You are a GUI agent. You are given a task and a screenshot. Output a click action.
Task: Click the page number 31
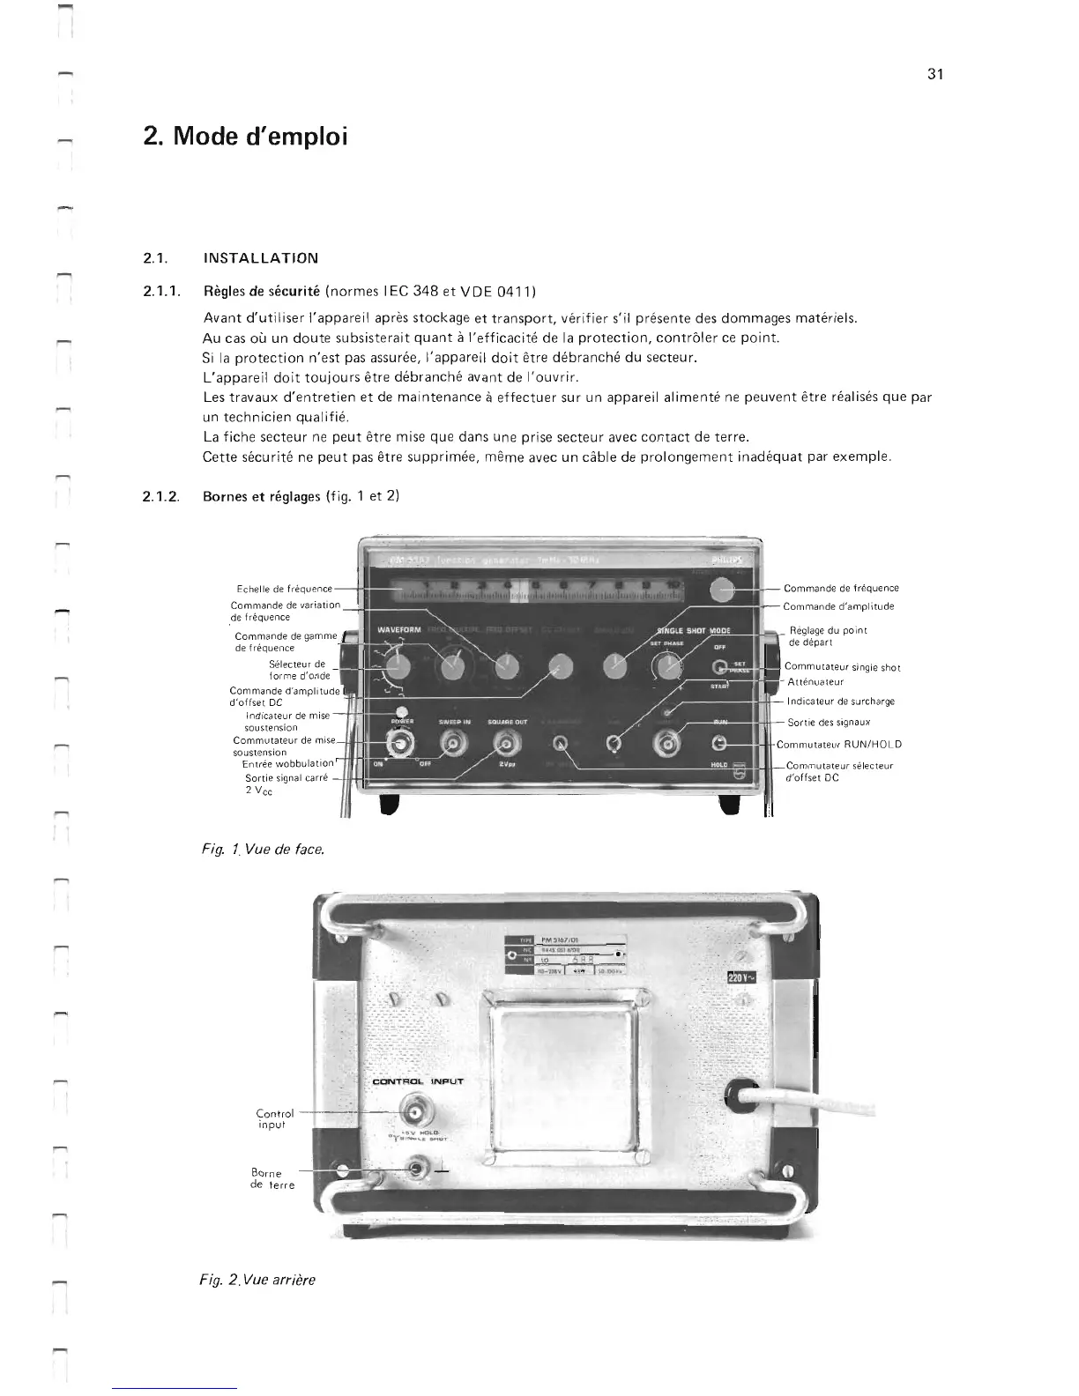click(935, 74)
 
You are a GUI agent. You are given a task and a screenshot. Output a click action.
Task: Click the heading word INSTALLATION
click(260, 258)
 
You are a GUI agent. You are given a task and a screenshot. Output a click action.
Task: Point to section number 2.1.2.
click(161, 496)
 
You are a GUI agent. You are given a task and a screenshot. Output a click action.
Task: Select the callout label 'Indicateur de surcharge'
click(840, 702)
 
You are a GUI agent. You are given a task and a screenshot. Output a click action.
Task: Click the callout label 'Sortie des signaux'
click(829, 723)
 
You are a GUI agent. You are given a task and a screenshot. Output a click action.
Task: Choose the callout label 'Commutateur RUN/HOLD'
click(838, 744)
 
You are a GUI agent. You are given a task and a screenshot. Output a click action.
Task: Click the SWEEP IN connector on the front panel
click(454, 745)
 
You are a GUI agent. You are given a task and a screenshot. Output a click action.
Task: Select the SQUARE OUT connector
click(506, 745)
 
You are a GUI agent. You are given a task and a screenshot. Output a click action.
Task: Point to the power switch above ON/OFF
click(402, 745)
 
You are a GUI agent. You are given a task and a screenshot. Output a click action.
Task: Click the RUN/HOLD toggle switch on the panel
click(719, 743)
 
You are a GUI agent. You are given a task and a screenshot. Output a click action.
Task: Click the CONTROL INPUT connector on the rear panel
click(415, 1108)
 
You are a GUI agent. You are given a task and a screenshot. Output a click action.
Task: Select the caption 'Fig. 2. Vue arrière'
click(257, 1280)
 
